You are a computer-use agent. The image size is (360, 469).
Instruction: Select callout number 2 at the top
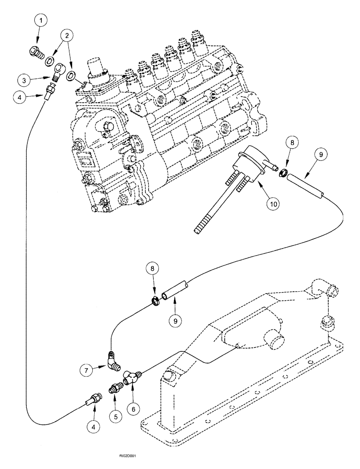coord(68,36)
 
